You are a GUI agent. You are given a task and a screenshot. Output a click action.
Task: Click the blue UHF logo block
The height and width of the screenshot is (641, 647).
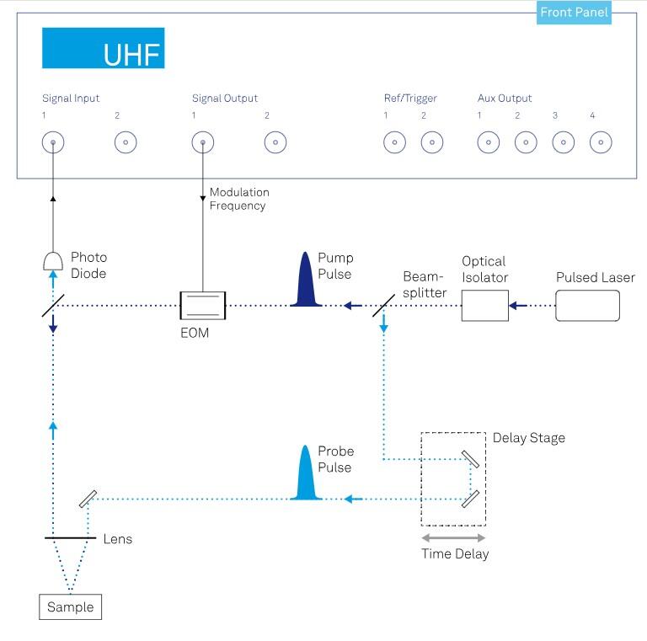[x=103, y=48]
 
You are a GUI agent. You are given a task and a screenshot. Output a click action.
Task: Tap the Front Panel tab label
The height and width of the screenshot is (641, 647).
[x=574, y=13]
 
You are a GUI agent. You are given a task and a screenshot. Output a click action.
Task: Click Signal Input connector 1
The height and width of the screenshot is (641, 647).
[x=53, y=142]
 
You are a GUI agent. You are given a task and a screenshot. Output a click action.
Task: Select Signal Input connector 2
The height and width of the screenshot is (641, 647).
[x=126, y=142]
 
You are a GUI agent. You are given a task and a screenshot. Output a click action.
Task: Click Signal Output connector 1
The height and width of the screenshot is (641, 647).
[x=202, y=142]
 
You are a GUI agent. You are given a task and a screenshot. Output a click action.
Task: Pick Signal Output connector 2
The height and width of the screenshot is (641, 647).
[x=275, y=142]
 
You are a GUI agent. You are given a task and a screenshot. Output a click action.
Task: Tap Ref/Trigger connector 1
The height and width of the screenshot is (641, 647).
[x=394, y=142]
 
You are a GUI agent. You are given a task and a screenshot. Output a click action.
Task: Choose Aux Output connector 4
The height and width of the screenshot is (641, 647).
[x=600, y=142]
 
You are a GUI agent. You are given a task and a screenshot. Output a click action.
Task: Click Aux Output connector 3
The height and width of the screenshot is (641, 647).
[x=563, y=142]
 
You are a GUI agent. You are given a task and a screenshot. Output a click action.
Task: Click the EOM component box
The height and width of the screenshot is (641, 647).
[x=203, y=305]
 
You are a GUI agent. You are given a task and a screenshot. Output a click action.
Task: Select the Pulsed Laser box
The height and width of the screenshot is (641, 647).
[x=587, y=305]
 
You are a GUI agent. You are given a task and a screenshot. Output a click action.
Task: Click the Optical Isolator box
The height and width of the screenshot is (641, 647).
[x=484, y=305]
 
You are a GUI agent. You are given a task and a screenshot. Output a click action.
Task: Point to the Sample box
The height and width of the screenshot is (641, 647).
[x=70, y=607]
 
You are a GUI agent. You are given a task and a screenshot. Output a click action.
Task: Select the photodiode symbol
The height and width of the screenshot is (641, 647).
[x=53, y=260]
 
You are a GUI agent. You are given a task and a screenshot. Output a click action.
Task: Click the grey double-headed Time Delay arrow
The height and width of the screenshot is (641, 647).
[x=453, y=537]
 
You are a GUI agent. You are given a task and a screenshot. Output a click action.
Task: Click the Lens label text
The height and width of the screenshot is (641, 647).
[x=117, y=538]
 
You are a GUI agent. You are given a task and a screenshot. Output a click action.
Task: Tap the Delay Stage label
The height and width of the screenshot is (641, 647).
[x=528, y=437]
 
